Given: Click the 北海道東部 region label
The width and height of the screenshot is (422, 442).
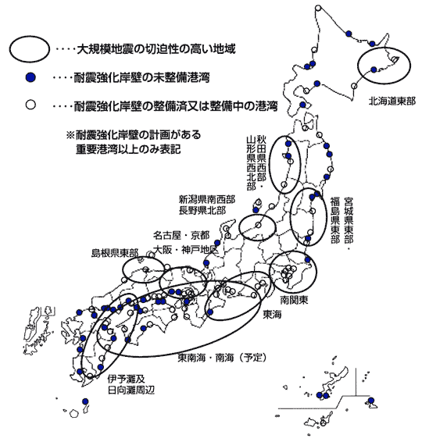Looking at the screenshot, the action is coord(392,102).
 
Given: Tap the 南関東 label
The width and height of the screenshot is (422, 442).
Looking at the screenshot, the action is coord(294,300).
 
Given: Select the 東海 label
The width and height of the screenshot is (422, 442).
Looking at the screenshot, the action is coord(272,315).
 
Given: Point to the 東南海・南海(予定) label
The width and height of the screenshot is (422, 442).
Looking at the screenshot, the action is coord(222,358).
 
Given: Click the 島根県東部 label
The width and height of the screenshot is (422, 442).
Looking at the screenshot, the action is coord(115,253).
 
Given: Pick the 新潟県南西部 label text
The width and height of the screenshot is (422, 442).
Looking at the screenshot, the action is coord(207,200).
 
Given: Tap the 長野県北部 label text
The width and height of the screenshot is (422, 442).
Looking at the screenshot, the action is coord(202,210).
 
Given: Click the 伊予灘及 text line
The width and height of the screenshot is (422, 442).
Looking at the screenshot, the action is coord(126,379).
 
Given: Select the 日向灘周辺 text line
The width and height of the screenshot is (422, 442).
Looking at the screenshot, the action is coord(131,390).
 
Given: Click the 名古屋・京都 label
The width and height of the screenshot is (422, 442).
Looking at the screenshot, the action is coord(181,235).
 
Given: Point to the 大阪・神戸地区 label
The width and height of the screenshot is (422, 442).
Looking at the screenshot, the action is coord(186,250).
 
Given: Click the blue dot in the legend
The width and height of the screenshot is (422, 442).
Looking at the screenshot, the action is coord(30,77).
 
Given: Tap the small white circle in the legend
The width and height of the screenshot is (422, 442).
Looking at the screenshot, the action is coord(30,105).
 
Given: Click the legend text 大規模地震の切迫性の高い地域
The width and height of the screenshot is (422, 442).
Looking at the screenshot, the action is coord(156,49).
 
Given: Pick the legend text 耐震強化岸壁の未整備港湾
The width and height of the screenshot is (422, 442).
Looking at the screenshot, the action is coord(141,77).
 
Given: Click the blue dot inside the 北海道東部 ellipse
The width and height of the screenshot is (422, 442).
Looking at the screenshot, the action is coord(374,70).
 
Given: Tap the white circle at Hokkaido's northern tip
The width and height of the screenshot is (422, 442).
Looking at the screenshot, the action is coord(318,8).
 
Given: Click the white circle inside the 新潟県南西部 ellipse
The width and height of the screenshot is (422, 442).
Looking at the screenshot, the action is coord(258,225).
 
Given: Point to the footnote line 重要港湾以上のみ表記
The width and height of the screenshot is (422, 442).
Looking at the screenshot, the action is coord(128,148).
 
